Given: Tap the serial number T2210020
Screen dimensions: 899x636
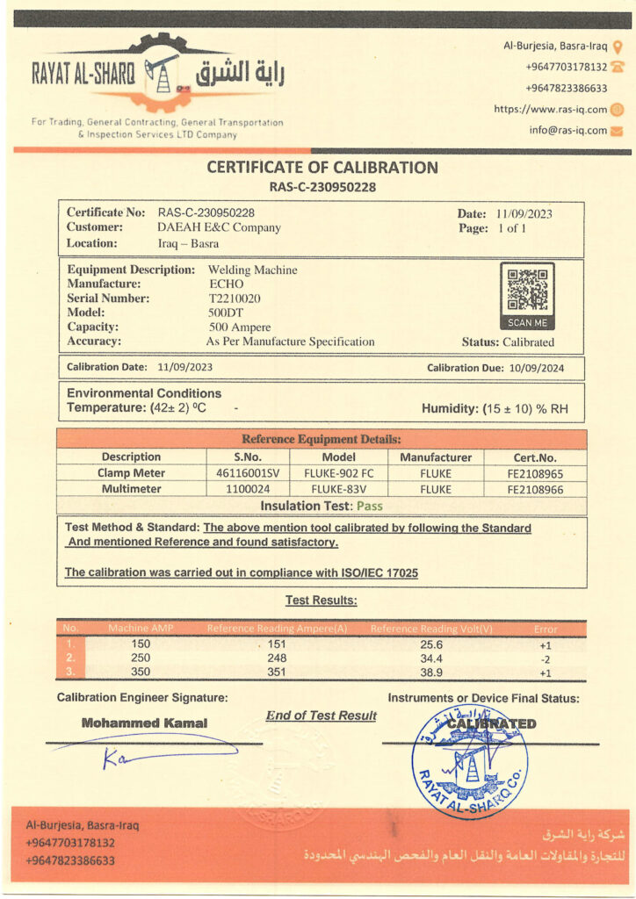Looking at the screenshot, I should click(234, 298).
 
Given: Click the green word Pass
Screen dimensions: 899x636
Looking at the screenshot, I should click(369, 506).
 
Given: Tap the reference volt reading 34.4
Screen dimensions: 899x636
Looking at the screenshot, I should click(431, 658).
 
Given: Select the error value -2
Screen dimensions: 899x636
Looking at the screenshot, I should click(545, 658).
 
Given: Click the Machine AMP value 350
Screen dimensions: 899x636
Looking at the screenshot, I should click(141, 672).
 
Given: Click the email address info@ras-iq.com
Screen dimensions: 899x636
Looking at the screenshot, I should click(567, 131).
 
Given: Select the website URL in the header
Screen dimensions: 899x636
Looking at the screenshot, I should click(550, 110).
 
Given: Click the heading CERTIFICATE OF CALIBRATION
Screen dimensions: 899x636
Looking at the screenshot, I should click(322, 168).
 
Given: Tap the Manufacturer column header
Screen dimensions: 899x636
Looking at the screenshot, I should click(436, 457).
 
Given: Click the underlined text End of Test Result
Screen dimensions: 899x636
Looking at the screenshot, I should click(321, 716).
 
